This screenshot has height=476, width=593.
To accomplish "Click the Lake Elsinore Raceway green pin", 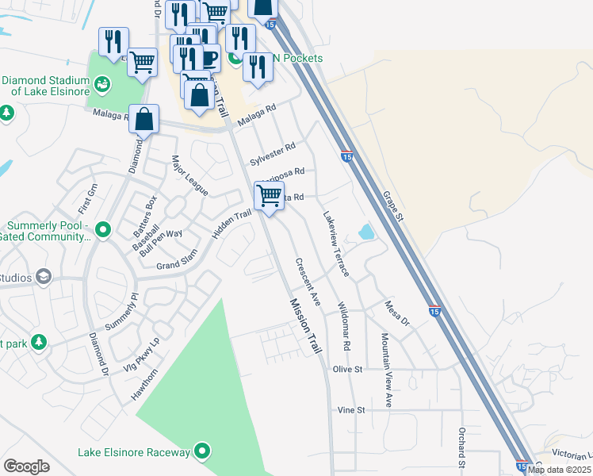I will coord(203,452).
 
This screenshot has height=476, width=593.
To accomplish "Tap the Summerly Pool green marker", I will coord(102,231).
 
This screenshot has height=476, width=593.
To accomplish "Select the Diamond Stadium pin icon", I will coord(102,83).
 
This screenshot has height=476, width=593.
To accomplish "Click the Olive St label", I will coord(347,369).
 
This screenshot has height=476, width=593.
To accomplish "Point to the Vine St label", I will coord(350,410).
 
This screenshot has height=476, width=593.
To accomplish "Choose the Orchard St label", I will coord(460,446).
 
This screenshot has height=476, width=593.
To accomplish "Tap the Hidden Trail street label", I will coord(231,224).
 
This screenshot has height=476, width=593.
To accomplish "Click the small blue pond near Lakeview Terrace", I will coord(365,232).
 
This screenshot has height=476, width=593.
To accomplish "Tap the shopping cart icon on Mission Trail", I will coord(270,194).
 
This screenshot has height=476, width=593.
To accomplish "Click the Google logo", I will coord(26,466).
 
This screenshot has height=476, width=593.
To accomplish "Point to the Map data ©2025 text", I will coord(559,470).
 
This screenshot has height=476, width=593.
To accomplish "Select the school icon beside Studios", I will coord(44,277).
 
